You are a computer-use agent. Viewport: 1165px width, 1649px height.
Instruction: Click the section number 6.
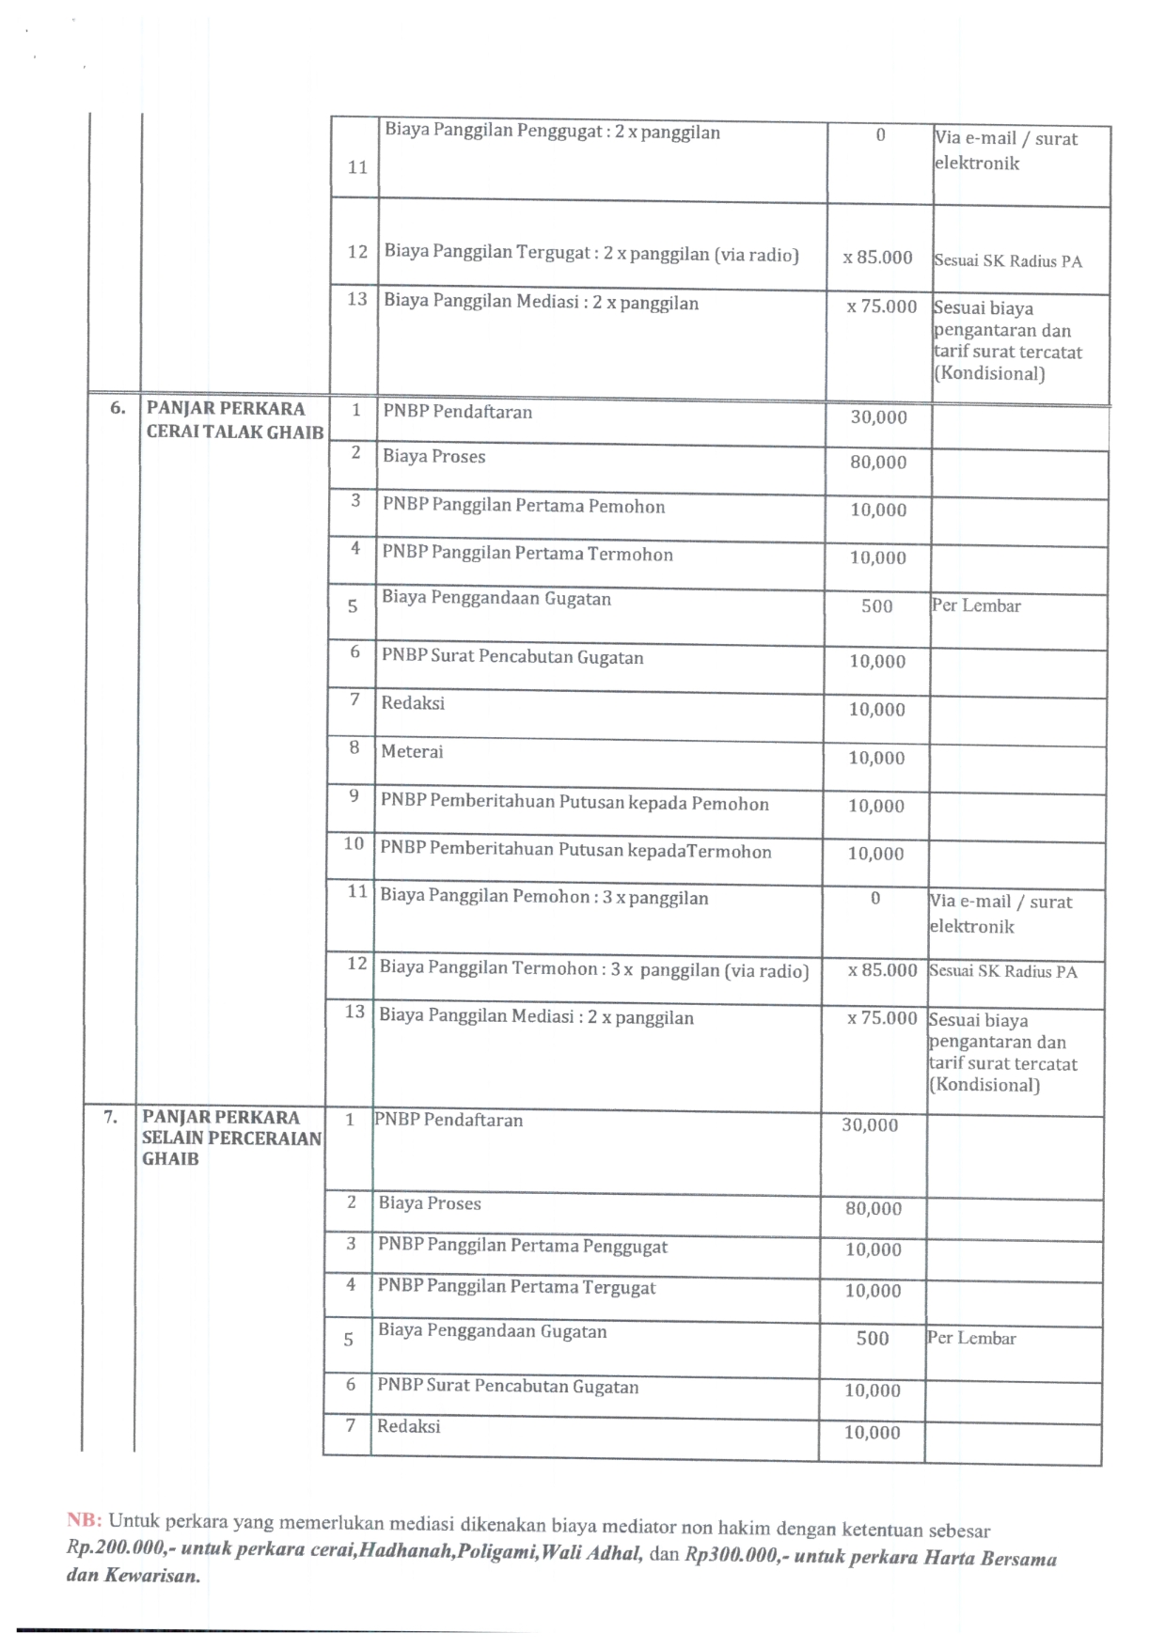(x=118, y=408)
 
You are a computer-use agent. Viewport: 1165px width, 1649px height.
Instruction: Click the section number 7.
(x=111, y=1117)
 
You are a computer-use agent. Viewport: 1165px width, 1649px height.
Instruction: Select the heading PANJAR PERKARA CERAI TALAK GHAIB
(x=234, y=420)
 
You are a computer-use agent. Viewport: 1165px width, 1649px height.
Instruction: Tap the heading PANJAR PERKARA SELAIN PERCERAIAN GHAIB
(x=231, y=1138)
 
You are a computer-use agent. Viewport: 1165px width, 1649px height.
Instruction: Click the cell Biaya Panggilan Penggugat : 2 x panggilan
(x=552, y=132)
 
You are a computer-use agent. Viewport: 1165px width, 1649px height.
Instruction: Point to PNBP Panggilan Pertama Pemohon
(x=523, y=506)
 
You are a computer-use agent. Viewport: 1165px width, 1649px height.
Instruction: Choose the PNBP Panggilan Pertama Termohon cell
(x=527, y=554)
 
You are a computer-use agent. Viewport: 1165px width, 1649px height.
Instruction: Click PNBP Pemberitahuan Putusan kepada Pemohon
(x=574, y=802)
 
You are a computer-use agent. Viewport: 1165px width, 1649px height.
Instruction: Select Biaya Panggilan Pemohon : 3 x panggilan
(x=543, y=897)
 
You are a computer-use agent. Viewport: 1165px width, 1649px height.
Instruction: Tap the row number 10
(x=354, y=843)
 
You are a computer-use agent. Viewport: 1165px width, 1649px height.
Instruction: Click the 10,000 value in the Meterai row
(x=876, y=758)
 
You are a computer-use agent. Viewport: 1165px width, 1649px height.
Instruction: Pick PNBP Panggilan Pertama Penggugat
(x=522, y=1246)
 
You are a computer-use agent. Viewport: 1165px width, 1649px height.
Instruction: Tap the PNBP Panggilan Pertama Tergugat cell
(x=516, y=1287)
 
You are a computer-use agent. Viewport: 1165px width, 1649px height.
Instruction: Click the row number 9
(x=354, y=796)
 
